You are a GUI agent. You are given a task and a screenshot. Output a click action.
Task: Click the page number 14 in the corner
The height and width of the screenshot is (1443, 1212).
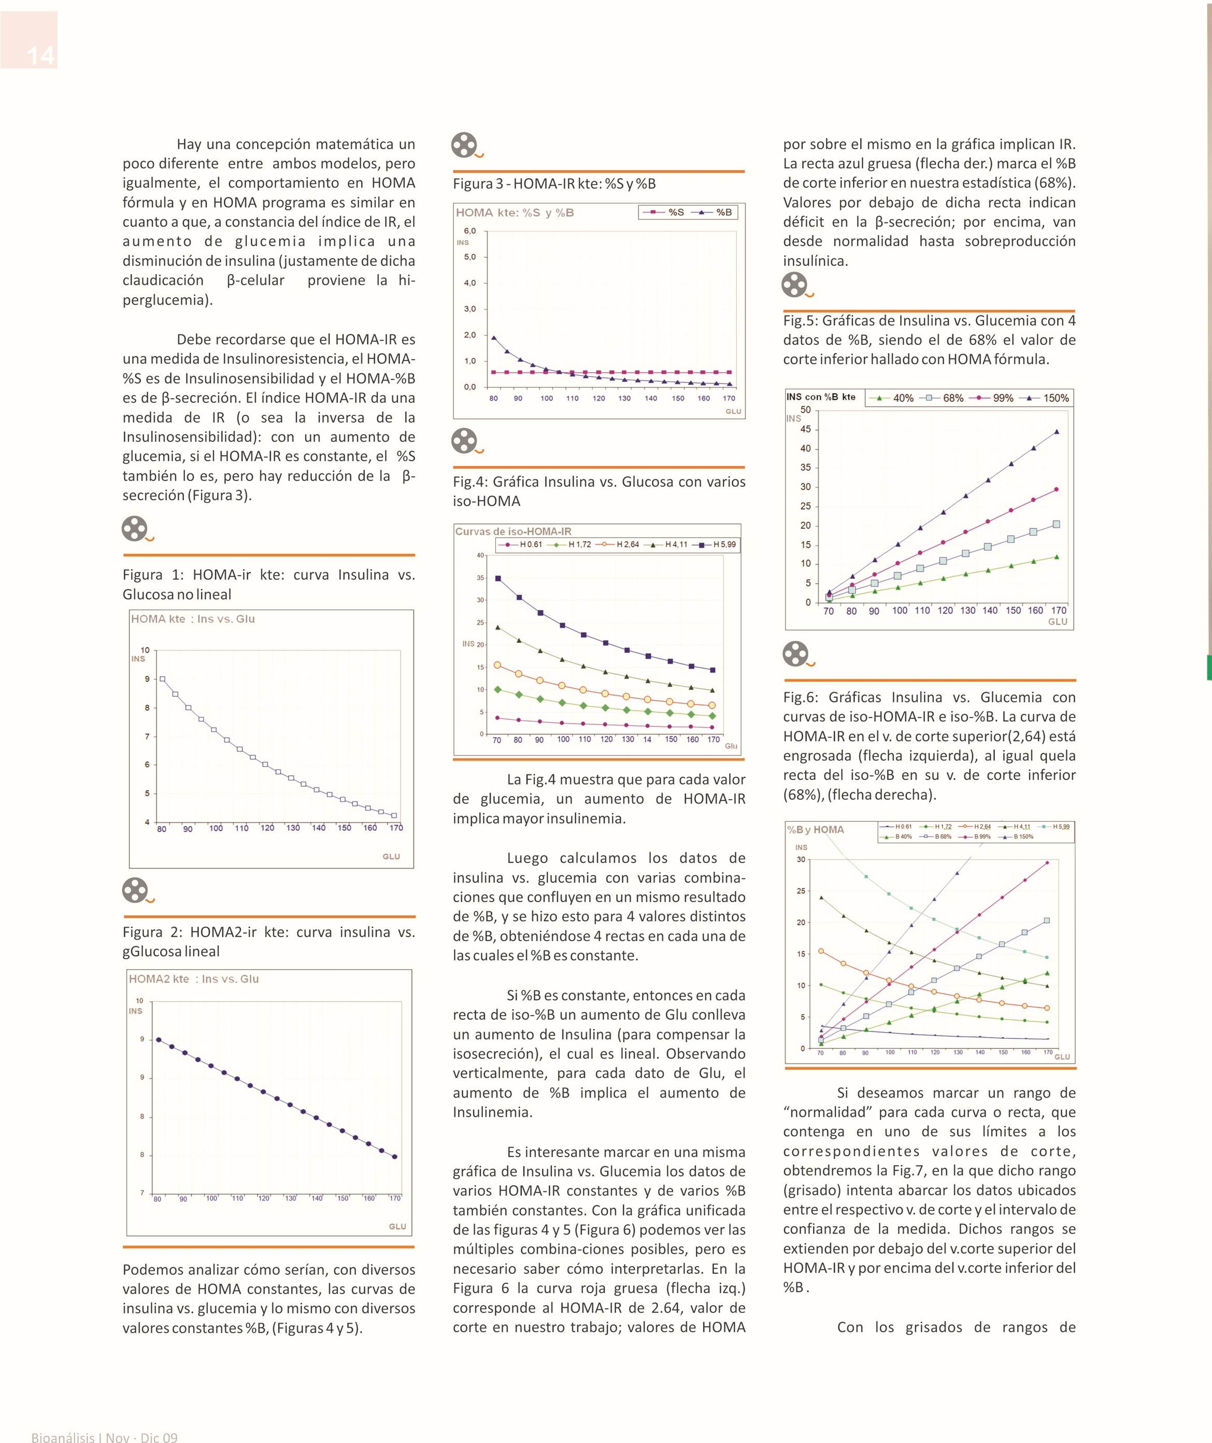coord(40,55)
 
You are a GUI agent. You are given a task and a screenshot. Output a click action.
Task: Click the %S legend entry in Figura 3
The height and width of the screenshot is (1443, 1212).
coord(664,213)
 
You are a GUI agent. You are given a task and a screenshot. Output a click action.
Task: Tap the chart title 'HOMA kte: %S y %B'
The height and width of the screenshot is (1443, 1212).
coord(515,213)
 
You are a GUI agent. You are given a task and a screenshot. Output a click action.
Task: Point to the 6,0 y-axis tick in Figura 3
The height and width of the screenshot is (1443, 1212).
coord(470,231)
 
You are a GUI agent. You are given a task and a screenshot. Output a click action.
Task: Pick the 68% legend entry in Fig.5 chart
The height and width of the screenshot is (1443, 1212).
coord(944,398)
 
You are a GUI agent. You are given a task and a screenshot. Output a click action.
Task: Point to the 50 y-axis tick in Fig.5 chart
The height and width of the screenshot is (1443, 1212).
coord(805,410)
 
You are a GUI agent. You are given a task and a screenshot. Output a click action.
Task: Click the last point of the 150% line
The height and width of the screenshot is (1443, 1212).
coord(1057,432)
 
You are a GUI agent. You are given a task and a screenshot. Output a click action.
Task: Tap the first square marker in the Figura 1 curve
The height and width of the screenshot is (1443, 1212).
coord(162,679)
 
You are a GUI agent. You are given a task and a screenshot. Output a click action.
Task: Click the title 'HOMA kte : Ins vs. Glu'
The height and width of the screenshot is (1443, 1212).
coord(193,619)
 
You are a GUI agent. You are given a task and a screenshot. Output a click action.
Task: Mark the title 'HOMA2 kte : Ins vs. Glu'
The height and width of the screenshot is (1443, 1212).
coord(194,979)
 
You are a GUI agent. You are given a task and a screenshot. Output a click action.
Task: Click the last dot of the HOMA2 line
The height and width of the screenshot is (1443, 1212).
coord(394,1157)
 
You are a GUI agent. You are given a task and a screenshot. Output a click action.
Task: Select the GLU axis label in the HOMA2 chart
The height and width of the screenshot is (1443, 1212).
coord(398,1226)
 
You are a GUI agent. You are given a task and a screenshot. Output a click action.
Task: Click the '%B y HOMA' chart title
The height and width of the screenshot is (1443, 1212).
coord(816,830)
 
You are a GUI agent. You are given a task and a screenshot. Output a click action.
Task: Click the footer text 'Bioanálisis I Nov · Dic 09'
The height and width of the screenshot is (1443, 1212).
coord(105,1437)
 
